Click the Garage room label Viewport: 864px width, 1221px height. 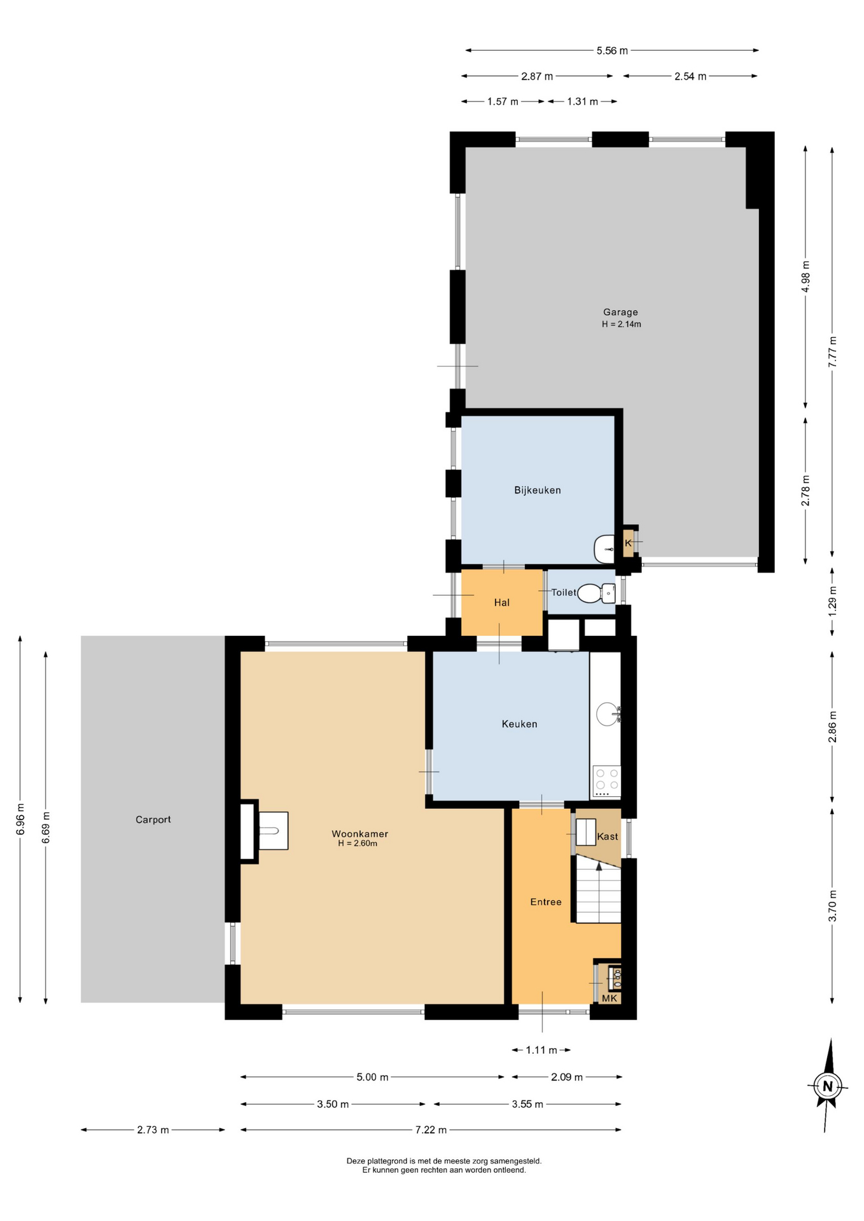point(620,312)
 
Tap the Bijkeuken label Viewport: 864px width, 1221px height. point(538,490)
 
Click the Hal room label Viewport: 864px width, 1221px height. point(502,603)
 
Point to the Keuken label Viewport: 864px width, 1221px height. point(519,724)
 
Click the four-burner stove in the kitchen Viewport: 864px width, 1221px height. point(606,782)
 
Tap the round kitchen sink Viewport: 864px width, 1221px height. point(608,714)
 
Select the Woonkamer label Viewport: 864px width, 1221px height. point(359,834)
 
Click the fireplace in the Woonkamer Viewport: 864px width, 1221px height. point(273,831)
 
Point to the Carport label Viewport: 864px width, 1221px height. point(153,820)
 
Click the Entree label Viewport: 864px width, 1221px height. point(546,902)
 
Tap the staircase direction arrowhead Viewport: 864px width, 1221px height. point(599,866)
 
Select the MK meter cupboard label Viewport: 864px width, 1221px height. point(610,998)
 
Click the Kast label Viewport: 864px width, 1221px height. point(608,836)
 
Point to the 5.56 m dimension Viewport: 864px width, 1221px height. point(612,51)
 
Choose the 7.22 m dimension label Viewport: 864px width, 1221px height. point(431,1130)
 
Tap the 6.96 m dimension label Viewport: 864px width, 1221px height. point(20,820)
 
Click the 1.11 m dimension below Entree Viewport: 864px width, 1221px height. point(541,1050)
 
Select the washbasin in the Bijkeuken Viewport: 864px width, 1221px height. point(604,549)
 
